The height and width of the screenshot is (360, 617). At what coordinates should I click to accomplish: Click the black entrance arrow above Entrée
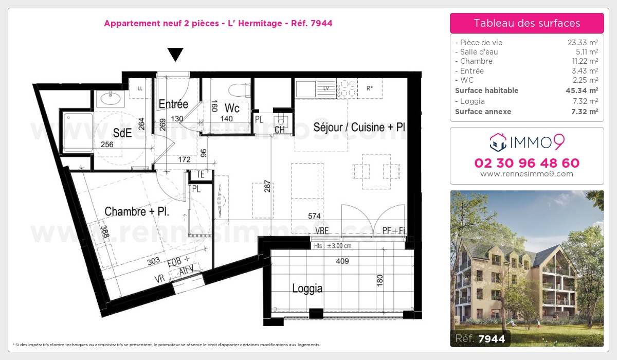tap(175, 54)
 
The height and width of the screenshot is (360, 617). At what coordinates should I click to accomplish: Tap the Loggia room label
tap(307, 289)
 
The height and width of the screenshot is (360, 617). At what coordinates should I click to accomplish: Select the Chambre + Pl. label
tap(137, 211)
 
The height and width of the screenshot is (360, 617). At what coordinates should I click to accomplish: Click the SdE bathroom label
tap(122, 133)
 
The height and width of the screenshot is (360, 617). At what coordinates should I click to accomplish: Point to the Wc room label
tap(232, 109)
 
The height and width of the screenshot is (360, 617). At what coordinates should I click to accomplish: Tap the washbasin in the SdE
tap(108, 97)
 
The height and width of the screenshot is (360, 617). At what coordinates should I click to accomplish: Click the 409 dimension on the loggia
tap(342, 261)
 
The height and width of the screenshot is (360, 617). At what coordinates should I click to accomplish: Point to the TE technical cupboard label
tap(200, 175)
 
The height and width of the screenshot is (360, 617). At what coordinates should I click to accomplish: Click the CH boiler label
tap(280, 130)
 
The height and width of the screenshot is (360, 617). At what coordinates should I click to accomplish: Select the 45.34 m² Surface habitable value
tap(581, 91)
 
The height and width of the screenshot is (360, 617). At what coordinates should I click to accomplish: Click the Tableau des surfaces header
tap(527, 23)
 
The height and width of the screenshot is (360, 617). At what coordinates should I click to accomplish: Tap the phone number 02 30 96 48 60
tap(527, 163)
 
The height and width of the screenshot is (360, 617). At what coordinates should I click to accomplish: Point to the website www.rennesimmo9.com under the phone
tap(527, 174)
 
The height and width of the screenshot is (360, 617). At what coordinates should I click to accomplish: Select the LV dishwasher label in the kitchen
tap(326, 88)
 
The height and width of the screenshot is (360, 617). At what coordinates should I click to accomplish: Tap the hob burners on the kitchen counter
tap(347, 87)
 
